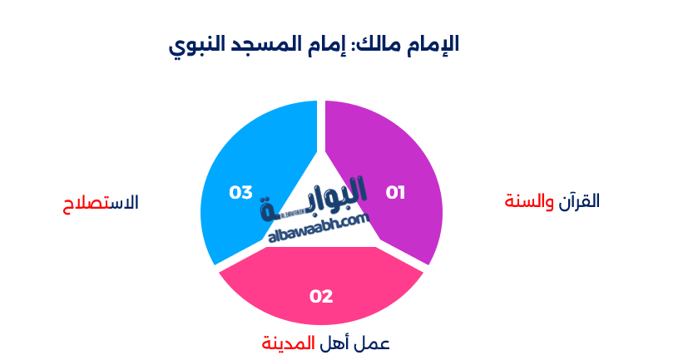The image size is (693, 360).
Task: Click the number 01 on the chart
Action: click(395, 193)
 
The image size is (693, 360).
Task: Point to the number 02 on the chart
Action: click(321, 296)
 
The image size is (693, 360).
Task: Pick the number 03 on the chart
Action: click(240, 193)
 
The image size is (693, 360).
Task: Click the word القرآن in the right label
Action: click(580, 201)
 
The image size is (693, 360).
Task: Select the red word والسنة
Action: click(530, 201)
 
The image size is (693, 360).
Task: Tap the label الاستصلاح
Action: click(101, 203)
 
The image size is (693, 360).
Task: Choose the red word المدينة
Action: click(289, 343)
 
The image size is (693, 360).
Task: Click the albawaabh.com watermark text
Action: click(319, 229)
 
